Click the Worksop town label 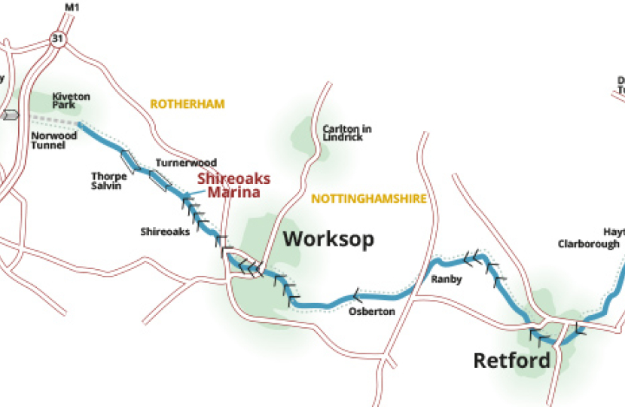(328, 240)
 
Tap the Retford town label (511, 360)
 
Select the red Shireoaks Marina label (228, 185)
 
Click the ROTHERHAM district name (187, 104)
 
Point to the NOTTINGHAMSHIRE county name (369, 199)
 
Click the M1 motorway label (72, 8)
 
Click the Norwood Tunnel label (54, 142)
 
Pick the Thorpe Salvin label (108, 181)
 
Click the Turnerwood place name (186, 163)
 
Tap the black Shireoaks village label (165, 231)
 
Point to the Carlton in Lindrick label (346, 133)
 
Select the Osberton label (371, 311)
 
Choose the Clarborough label (588, 243)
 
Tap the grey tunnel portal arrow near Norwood (9, 115)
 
